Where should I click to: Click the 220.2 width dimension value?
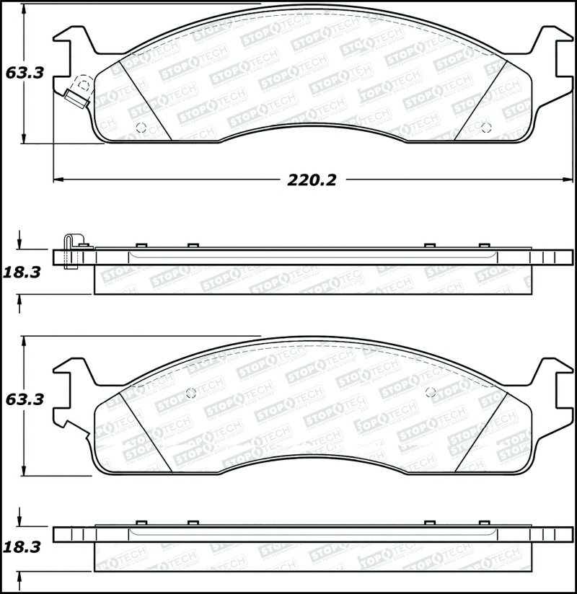[x=312, y=180]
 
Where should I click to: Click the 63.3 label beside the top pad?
[x=25, y=73]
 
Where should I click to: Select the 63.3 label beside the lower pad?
[x=25, y=399]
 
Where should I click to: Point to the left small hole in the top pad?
[x=141, y=129]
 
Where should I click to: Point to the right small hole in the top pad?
[x=486, y=129]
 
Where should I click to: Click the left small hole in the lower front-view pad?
[x=191, y=393]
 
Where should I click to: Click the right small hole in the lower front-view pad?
[x=431, y=393]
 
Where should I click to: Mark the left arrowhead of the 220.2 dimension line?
[x=58, y=178]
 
